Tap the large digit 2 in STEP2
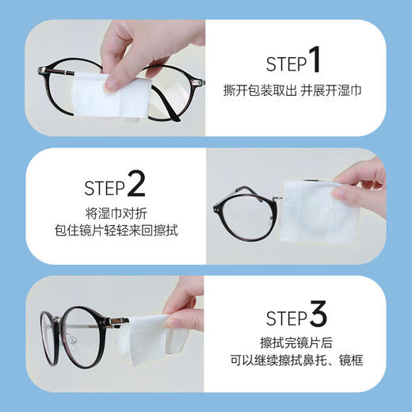click(135, 186)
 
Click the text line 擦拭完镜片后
click(307, 347)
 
